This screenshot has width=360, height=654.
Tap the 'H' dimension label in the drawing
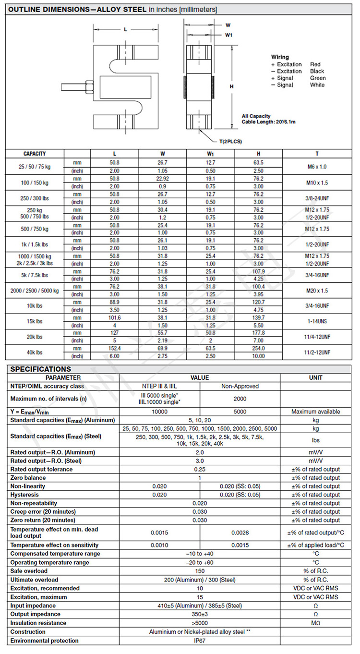coord(231,86)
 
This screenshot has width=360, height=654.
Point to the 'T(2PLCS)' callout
coord(230,141)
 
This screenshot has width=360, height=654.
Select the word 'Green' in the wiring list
coord(318,78)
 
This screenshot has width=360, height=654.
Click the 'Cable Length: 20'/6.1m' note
coord(268,122)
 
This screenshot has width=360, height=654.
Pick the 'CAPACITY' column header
coord(35,154)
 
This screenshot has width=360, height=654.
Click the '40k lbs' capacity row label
coord(35,352)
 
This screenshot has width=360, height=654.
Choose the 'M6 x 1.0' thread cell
coord(317,166)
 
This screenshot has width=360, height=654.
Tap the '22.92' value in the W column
coord(162,178)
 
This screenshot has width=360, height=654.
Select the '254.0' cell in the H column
coord(258,348)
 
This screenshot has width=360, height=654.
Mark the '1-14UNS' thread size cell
coord(317,321)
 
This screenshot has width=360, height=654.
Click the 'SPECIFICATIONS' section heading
coord(40,369)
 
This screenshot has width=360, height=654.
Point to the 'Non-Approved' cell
coord(240,386)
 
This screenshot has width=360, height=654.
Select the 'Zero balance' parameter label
coord(29,478)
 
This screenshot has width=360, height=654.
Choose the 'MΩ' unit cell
coord(315,623)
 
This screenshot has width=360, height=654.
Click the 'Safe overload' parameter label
coord(29,571)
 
